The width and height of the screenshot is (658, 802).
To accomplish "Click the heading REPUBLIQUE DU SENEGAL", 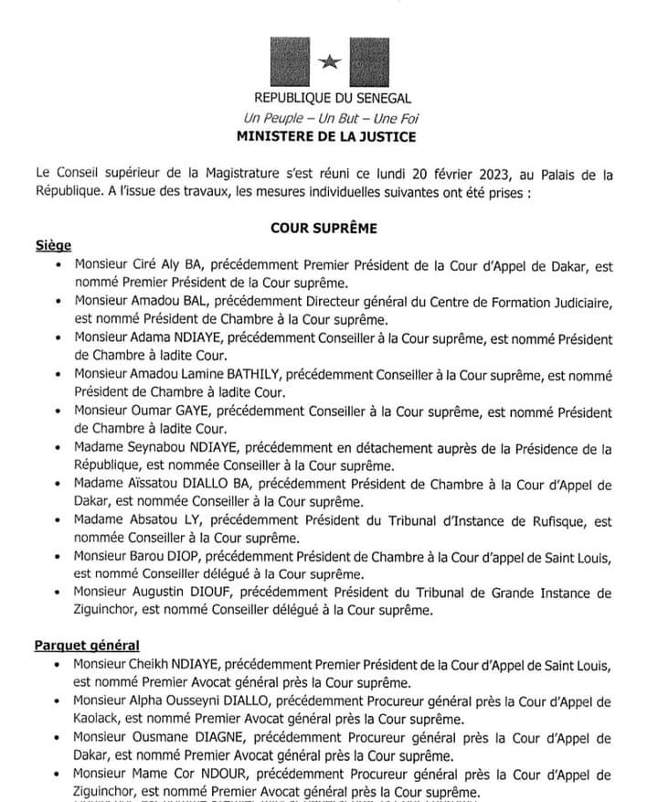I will tap(333, 98).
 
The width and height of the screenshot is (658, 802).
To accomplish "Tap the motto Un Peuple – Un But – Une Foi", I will tap(332, 118).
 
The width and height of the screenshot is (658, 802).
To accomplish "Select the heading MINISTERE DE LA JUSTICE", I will tap(332, 138).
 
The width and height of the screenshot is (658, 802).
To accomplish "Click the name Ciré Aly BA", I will tap(175, 266).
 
